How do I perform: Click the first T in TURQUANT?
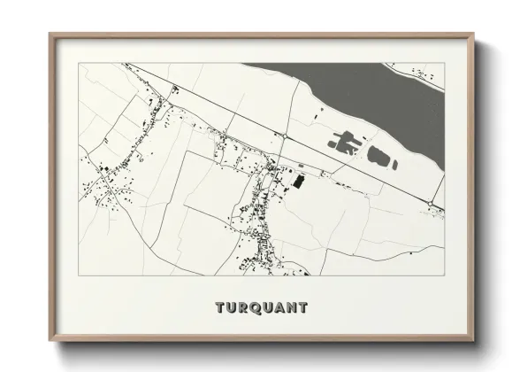[x=220, y=308]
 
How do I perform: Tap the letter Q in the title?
[x=256, y=308]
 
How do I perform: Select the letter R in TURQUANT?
[x=245, y=308]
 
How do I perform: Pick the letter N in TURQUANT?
[x=292, y=308]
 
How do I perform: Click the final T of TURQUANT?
[x=303, y=308]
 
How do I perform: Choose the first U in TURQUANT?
[x=233, y=308]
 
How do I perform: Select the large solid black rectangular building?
[x=298, y=181]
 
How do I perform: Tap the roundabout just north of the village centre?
[x=280, y=135]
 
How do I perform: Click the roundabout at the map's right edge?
[x=430, y=205]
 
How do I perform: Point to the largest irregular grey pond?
[x=345, y=141]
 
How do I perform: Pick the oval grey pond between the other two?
[x=379, y=158]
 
